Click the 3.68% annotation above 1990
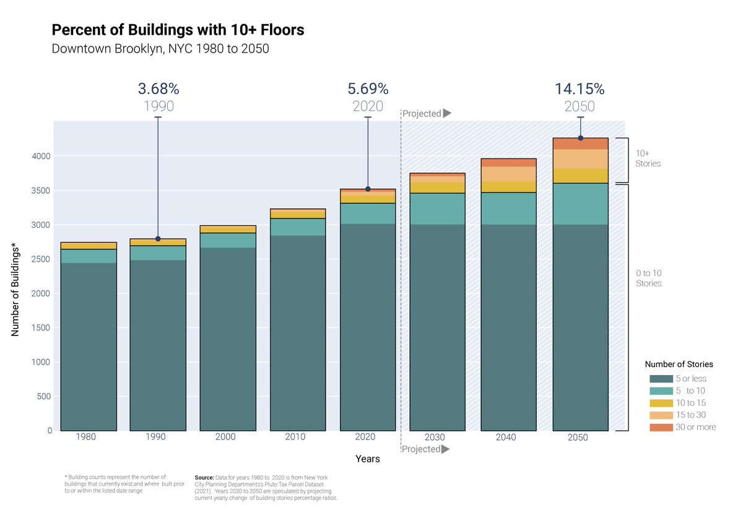tap(158, 89)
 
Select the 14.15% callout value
tap(580, 89)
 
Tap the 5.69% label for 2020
tap(368, 89)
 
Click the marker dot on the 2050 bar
tap(580, 138)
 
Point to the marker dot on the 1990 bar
tap(158, 239)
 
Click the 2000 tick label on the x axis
tap(225, 437)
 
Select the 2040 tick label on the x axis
tap(505, 437)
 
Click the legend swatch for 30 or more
tap(661, 428)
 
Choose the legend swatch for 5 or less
tap(661, 379)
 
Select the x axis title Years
tap(368, 459)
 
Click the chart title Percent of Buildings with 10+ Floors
tap(178, 30)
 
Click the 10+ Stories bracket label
tap(648, 158)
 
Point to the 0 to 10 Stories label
tap(648, 278)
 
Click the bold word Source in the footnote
tap(204, 478)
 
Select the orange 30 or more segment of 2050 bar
tap(580, 144)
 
